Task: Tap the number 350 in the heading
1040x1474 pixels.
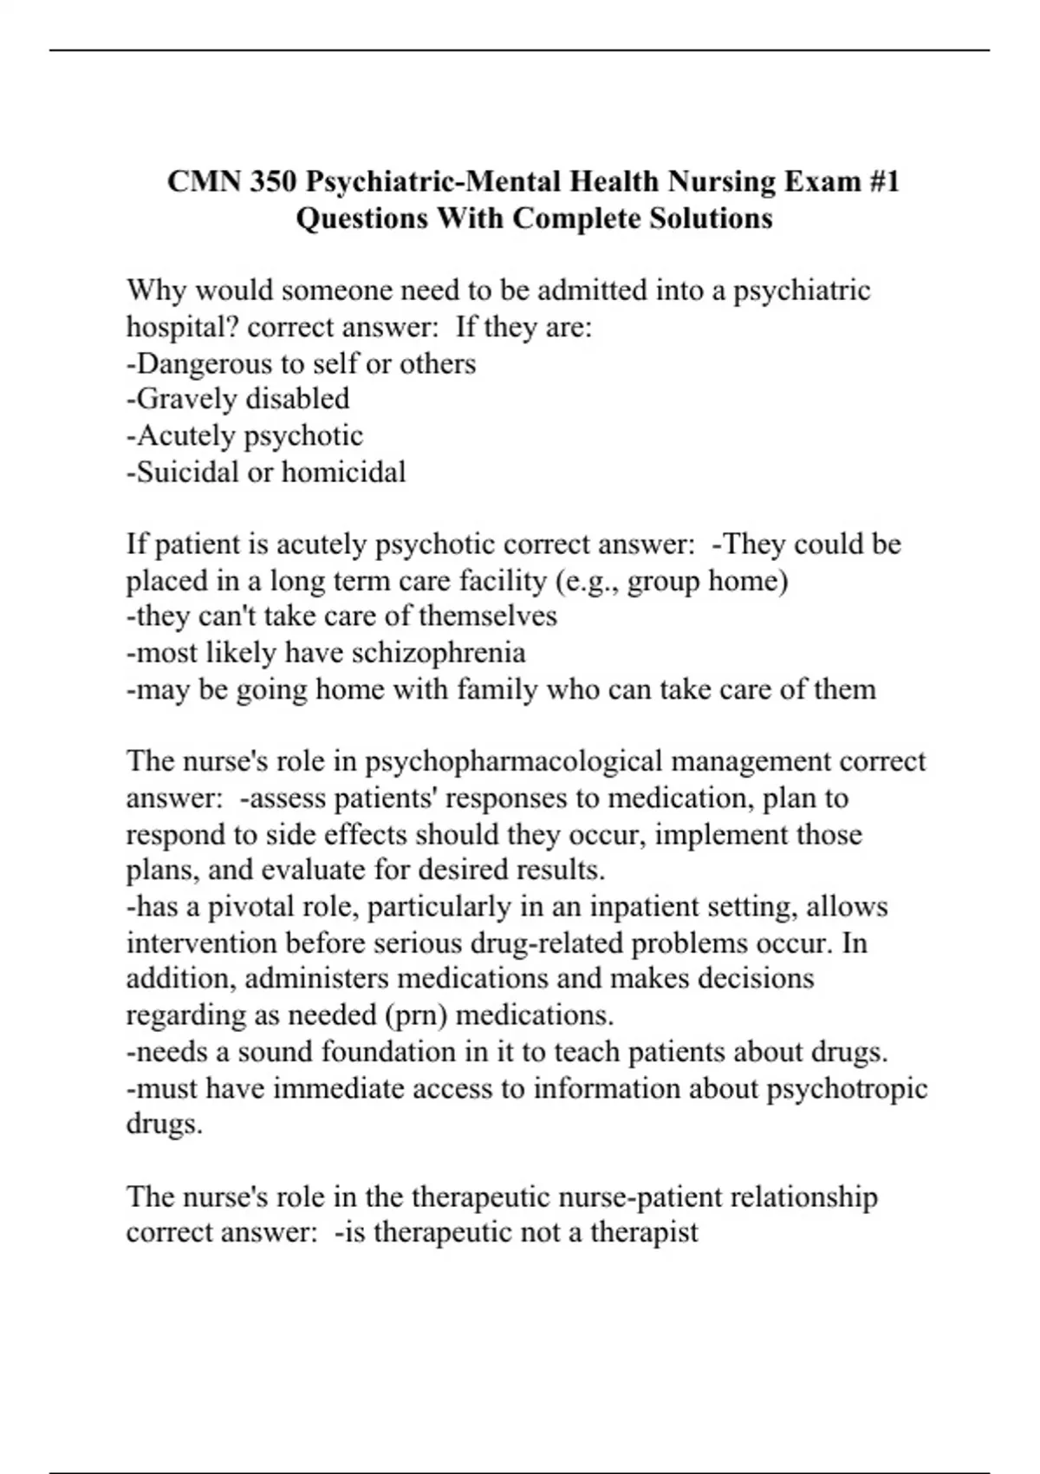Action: point(275,182)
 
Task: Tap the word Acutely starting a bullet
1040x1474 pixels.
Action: point(185,435)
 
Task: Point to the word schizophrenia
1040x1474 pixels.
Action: point(439,652)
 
